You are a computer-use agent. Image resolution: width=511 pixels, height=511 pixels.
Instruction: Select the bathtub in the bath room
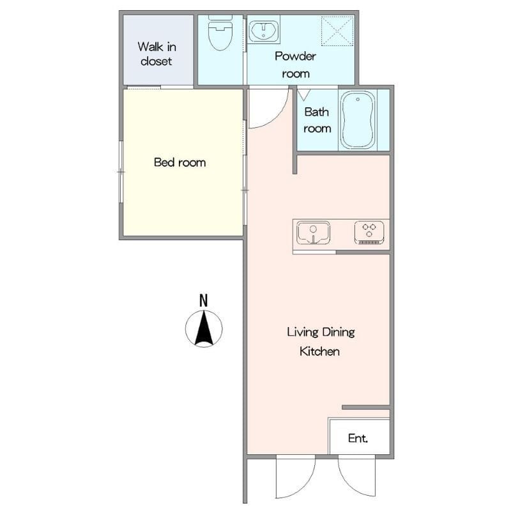coord(358,120)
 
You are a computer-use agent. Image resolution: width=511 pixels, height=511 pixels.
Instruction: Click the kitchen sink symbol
coord(313,233)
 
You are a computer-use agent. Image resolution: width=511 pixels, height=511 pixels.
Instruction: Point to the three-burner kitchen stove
coord(369,233)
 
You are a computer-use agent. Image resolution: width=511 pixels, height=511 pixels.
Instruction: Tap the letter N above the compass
coord(203,300)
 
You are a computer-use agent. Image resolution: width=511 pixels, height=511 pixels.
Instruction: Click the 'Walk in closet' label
coord(156,54)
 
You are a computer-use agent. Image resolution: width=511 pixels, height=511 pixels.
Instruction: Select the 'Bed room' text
coord(180,162)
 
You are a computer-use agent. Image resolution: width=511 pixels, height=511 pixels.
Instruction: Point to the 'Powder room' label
coord(295,65)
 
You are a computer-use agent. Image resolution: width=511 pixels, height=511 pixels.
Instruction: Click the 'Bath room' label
coord(317,120)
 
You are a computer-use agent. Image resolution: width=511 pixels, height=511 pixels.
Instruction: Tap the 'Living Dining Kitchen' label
coord(321,342)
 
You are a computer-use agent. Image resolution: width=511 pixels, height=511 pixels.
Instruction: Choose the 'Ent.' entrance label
coord(358,438)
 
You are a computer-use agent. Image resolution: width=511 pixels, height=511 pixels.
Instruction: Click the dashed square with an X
coord(337,31)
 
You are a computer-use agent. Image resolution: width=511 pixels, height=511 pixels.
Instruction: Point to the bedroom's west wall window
coord(121,172)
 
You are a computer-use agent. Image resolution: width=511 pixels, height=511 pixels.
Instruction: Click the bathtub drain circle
coord(358,99)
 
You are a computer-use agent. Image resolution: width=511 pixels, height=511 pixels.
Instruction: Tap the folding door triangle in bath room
coord(304,95)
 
